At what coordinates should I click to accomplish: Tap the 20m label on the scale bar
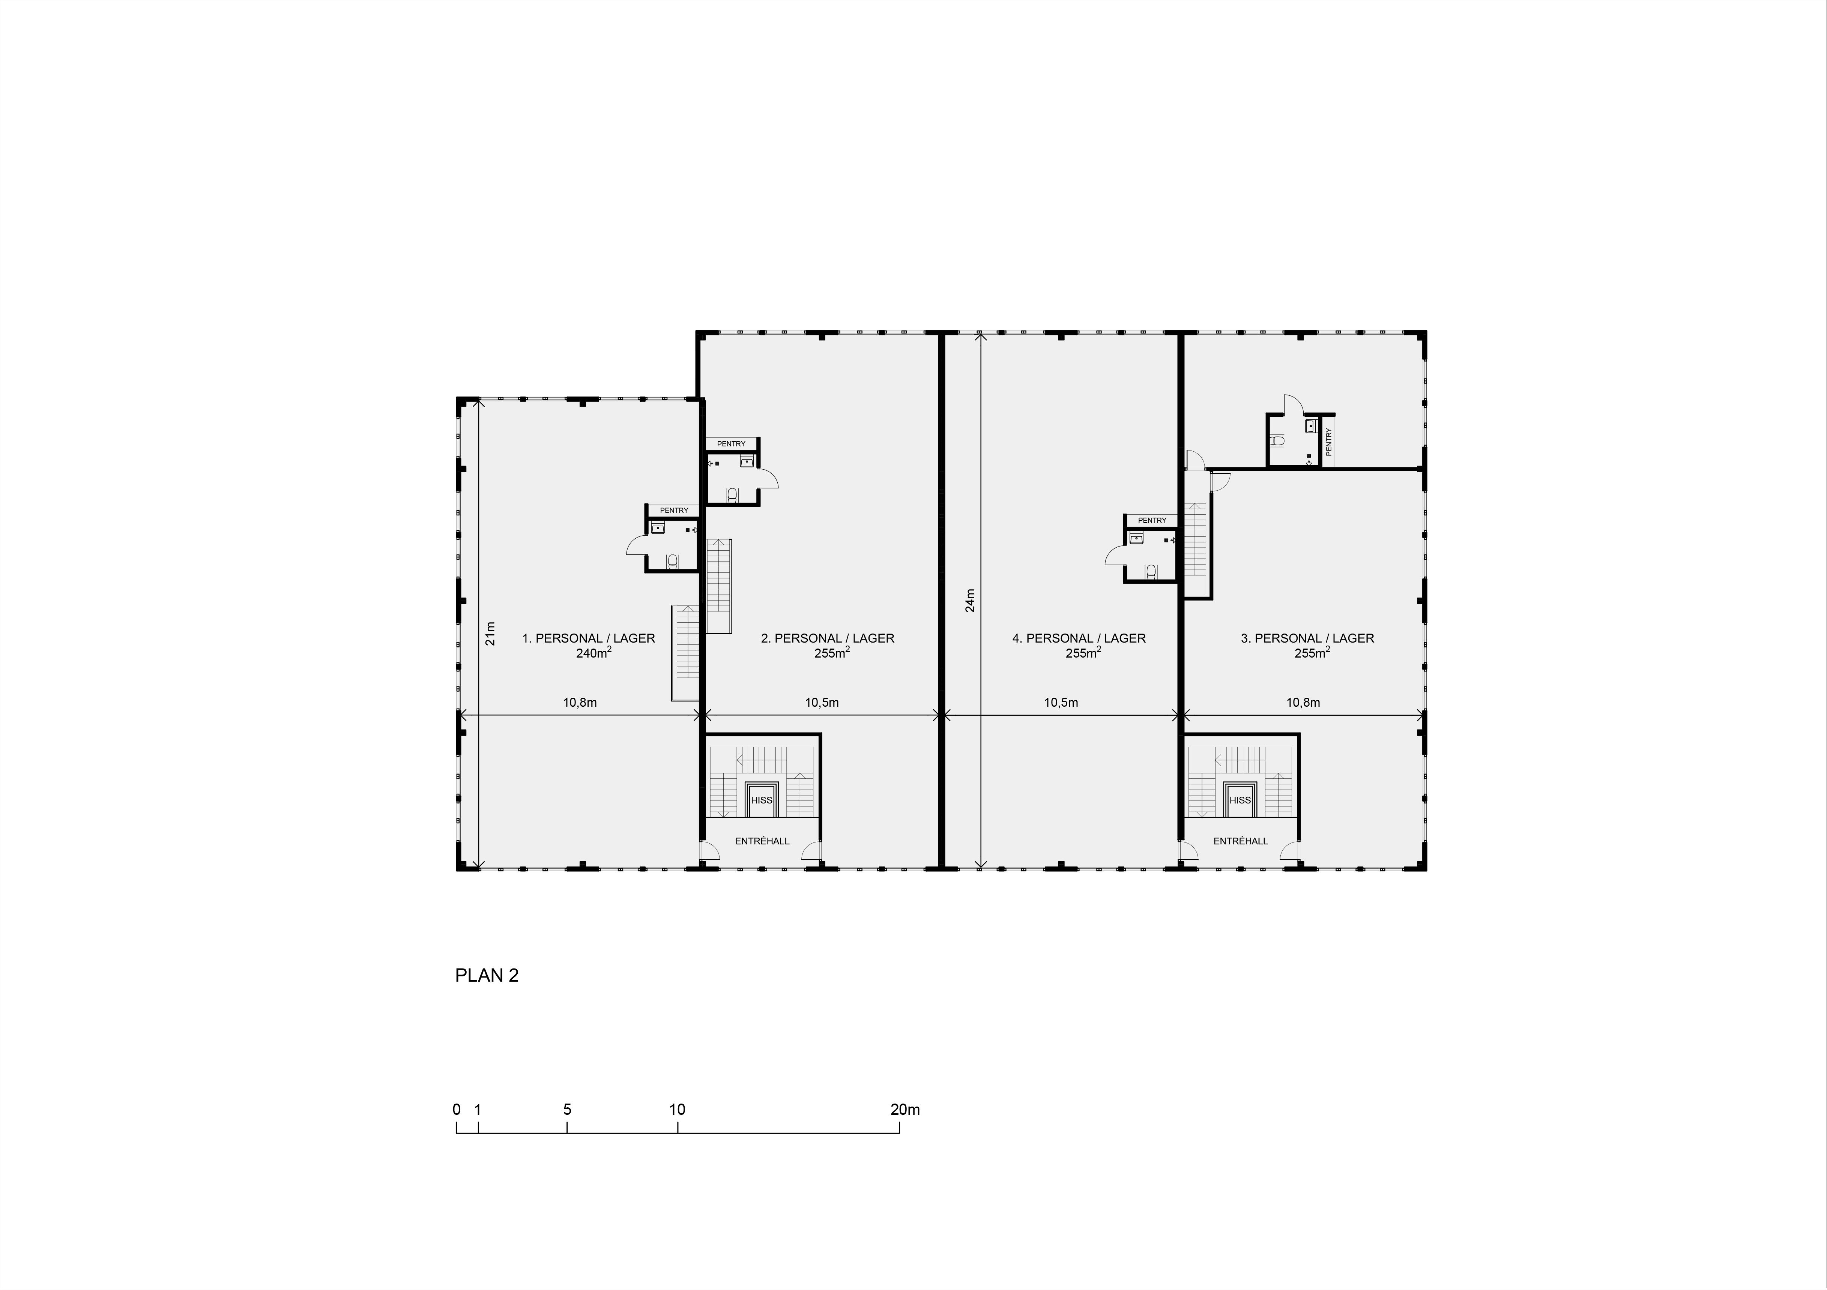pyautogui.click(x=905, y=1109)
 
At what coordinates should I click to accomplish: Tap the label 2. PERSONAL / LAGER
pyautogui.click(x=828, y=638)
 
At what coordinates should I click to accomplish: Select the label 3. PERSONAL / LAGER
pyautogui.click(x=1307, y=638)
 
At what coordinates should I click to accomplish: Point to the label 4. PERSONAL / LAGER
pyautogui.click(x=1079, y=638)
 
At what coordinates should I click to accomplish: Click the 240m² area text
pyautogui.click(x=593, y=653)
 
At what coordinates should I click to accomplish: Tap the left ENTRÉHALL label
pyautogui.click(x=762, y=841)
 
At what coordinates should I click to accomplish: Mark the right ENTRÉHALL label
pyautogui.click(x=1241, y=841)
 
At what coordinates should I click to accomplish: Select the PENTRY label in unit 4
pyautogui.click(x=1152, y=520)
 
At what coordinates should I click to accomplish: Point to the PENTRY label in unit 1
pyautogui.click(x=674, y=510)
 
